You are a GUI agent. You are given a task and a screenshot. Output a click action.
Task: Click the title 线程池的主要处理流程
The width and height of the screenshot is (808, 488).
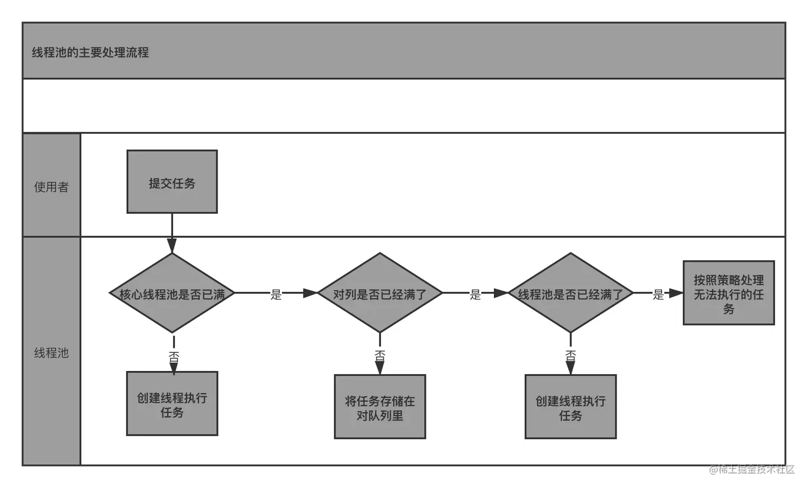[90, 52]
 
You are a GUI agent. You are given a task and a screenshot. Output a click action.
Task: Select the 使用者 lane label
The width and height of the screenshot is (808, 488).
[51, 187]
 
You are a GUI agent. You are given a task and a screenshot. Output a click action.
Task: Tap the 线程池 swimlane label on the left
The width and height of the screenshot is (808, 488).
[51, 353]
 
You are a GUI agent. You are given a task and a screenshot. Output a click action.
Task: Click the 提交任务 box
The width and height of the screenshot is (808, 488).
[172, 182]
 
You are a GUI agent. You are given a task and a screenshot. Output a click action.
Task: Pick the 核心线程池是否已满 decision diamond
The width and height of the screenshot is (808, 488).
[172, 293]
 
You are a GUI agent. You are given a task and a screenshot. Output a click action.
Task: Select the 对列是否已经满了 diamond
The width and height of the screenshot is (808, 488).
[380, 293]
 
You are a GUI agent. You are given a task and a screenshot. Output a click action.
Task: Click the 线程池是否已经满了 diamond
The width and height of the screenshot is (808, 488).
[570, 293]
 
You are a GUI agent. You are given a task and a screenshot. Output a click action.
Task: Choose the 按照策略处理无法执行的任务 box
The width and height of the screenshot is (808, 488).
[728, 293]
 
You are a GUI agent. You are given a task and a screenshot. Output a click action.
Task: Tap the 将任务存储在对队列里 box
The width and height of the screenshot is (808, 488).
[380, 407]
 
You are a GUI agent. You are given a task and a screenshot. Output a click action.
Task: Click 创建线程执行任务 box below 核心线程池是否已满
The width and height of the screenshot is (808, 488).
[172, 404]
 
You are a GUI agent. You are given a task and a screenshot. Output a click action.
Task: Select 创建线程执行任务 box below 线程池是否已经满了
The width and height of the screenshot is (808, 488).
[570, 407]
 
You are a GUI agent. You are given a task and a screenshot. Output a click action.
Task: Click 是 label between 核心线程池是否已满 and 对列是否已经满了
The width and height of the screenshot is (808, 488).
[276, 294]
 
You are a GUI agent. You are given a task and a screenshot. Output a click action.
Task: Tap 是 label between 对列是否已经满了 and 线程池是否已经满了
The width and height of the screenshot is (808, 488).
[475, 294]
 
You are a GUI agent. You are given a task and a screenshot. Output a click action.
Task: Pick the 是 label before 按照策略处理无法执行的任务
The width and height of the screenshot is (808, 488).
[658, 294]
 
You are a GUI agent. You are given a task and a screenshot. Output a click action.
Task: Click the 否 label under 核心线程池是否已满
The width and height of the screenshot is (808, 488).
[174, 357]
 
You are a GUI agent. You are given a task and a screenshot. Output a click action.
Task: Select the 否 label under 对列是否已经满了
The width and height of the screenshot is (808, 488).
[380, 355]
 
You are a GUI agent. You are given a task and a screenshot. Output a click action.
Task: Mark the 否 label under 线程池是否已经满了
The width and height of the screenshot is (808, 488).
[570, 355]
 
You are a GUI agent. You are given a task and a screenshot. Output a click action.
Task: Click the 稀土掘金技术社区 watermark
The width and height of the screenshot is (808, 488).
[751, 469]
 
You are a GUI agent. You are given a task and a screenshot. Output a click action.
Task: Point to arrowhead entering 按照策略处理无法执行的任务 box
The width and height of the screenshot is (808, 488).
[677, 293]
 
